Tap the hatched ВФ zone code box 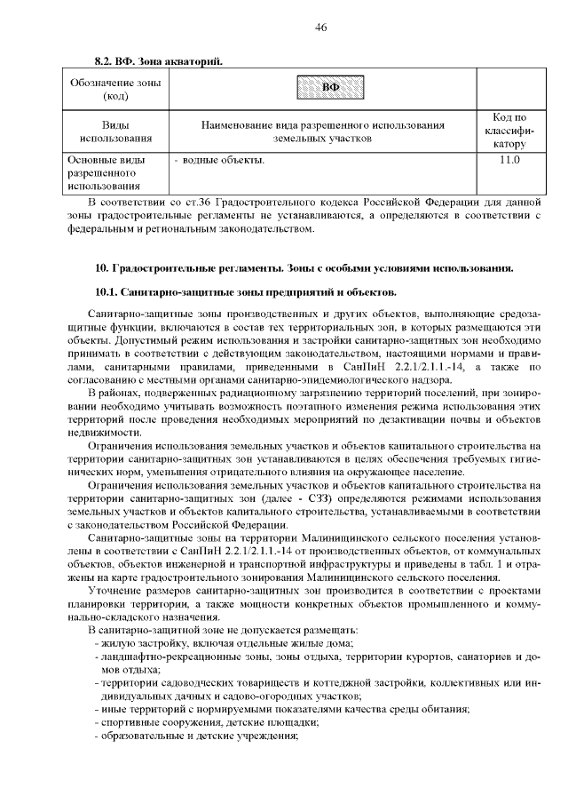point(330,87)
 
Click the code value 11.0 point(509,161)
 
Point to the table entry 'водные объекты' point(223,161)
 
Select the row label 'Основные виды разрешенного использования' point(109,173)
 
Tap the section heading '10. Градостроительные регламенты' point(303,267)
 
